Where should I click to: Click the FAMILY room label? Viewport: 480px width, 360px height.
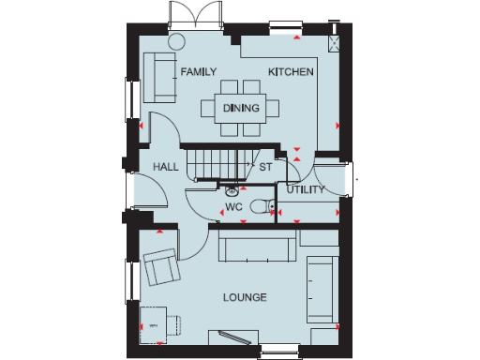pyautogui.click(x=198, y=72)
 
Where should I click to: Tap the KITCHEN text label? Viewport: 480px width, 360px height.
pyautogui.click(x=291, y=72)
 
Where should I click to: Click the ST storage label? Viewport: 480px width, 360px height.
pyautogui.click(x=265, y=168)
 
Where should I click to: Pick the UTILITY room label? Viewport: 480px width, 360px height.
pyautogui.click(x=306, y=190)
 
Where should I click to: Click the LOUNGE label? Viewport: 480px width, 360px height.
pyautogui.click(x=245, y=297)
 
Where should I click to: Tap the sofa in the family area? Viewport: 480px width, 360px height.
pyautogui.click(x=157, y=78)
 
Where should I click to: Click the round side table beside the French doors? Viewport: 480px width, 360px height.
pyautogui.click(x=176, y=41)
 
